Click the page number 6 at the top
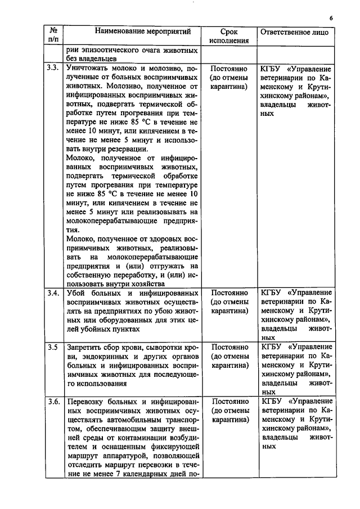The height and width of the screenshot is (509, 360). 332,17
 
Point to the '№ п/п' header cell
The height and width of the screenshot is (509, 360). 53,36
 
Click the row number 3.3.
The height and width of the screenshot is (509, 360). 53,68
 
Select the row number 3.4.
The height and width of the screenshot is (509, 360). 53,293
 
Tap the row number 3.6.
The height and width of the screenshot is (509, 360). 53,401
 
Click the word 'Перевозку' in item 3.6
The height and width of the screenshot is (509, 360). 85,402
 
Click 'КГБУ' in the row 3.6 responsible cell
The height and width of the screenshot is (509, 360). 272,402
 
